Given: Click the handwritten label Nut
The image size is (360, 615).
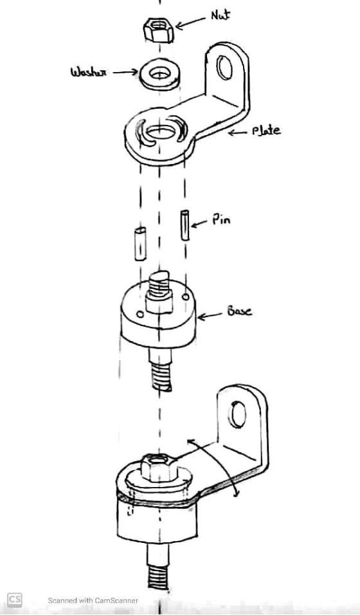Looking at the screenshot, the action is pos(221,15).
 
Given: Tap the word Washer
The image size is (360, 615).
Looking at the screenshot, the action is pos(88,72).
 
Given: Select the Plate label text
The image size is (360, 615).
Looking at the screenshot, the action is pos(267,130).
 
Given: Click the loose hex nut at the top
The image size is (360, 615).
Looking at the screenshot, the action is pos(158,30).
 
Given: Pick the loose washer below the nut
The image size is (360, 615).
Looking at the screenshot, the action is pos(159,74).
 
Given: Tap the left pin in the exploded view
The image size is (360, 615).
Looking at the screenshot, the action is pos(140,244).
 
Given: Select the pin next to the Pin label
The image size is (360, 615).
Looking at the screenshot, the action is pos(184,225).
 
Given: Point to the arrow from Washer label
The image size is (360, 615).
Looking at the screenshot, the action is pos(125,72).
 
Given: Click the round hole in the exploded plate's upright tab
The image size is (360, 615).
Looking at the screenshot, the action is pos(225,68).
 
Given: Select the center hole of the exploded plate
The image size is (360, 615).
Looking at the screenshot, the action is pos(160,133).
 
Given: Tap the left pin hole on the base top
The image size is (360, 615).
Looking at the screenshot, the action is pos(139,313).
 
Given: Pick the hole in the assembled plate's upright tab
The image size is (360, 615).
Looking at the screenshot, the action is pos(238,414).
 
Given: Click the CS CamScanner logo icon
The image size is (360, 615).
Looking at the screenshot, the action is pos(15,600).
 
